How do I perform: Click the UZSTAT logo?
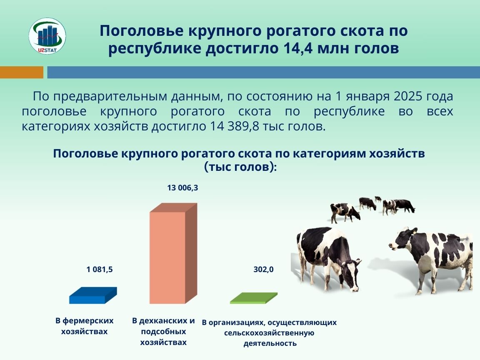47,36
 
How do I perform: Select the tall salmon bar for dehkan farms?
173,253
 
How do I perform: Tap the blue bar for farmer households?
93,295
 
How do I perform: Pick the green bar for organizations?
254,298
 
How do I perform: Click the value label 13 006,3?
182,187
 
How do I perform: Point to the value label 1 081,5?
100,270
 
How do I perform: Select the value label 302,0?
264,270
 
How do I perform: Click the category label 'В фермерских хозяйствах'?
85,326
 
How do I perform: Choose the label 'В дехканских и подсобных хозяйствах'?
163,331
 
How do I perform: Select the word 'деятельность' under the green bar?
270,343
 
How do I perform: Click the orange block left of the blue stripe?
22,72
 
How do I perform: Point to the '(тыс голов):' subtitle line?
240,167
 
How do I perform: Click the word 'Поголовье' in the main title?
142,31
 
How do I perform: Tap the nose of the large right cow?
392,245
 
